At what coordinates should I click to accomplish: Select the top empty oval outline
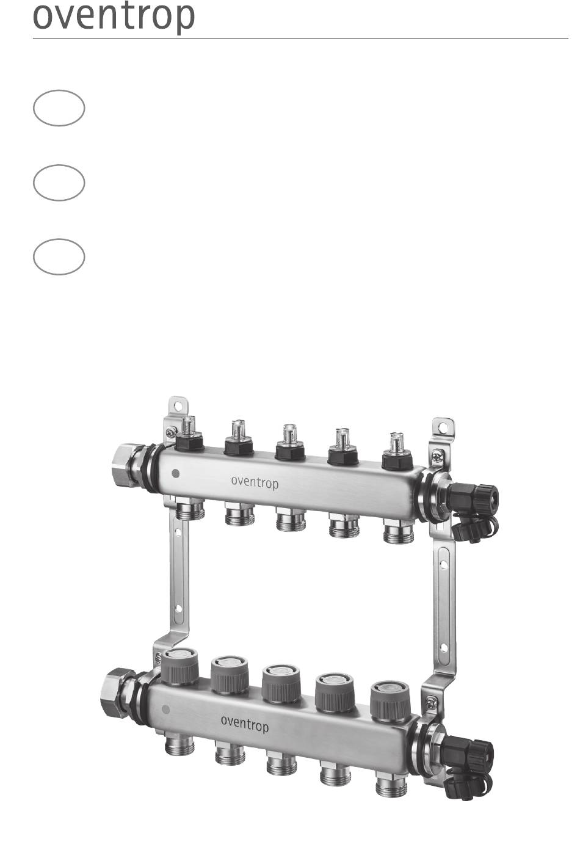(59, 90)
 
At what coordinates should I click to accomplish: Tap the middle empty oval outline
(59, 165)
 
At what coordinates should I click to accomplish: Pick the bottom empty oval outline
(59, 239)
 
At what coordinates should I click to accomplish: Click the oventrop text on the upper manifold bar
(255, 483)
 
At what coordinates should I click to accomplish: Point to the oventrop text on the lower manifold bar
(244, 724)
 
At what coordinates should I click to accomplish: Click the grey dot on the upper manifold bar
(175, 473)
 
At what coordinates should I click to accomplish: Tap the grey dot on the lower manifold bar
(165, 709)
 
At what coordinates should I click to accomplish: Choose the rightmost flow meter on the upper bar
(397, 452)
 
